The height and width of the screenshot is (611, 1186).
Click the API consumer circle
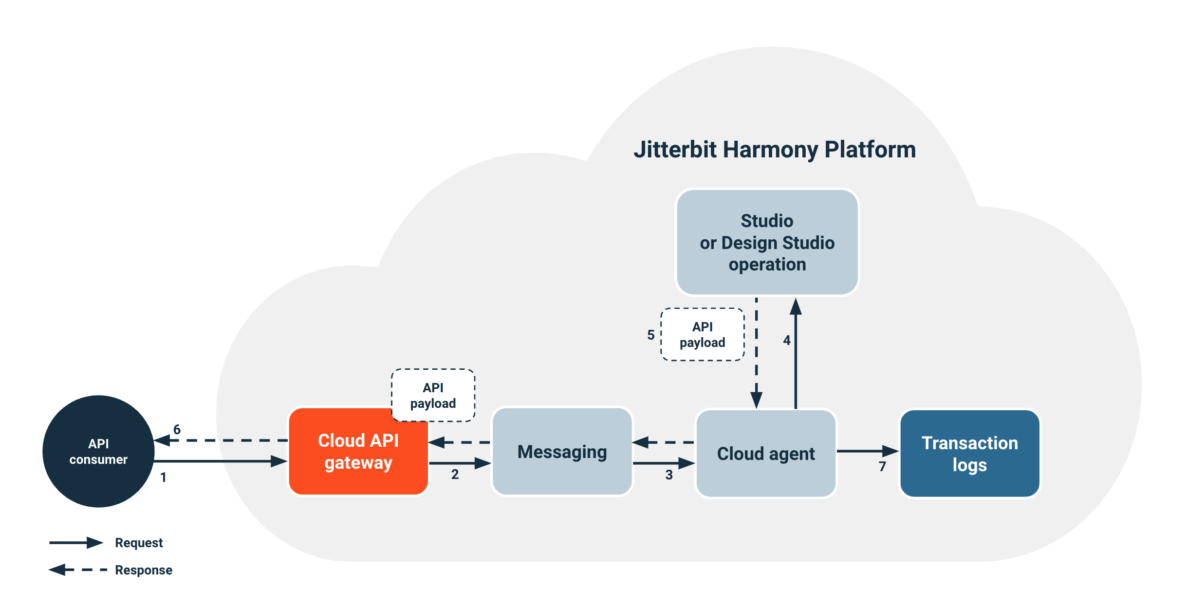tap(98, 451)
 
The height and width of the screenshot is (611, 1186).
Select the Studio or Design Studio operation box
tap(767, 242)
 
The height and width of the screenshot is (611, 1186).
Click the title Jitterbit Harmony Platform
tap(774, 150)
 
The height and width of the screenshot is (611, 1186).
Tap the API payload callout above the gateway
tap(433, 395)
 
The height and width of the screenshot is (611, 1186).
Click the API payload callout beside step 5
tap(702, 334)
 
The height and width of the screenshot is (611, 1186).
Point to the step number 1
tap(164, 477)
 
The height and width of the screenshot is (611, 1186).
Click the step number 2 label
tap(455, 474)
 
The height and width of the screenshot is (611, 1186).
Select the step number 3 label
tap(669, 475)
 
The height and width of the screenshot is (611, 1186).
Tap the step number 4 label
tap(787, 340)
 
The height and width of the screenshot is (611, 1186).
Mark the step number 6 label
tap(177, 429)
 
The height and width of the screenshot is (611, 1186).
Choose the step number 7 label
tap(882, 466)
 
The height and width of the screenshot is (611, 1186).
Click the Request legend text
tap(139, 543)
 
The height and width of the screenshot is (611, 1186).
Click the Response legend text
tap(144, 570)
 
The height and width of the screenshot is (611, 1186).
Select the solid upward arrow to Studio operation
tap(796, 356)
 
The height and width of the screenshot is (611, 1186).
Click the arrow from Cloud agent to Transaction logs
tap(867, 451)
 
